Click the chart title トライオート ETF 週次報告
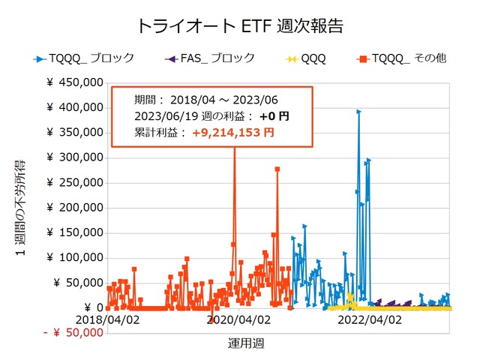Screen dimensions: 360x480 tap(240, 25)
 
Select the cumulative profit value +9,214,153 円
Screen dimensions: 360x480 tap(232, 133)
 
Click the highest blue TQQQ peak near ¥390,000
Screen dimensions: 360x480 tap(358, 112)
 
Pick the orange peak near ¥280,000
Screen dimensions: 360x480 tap(277, 169)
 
